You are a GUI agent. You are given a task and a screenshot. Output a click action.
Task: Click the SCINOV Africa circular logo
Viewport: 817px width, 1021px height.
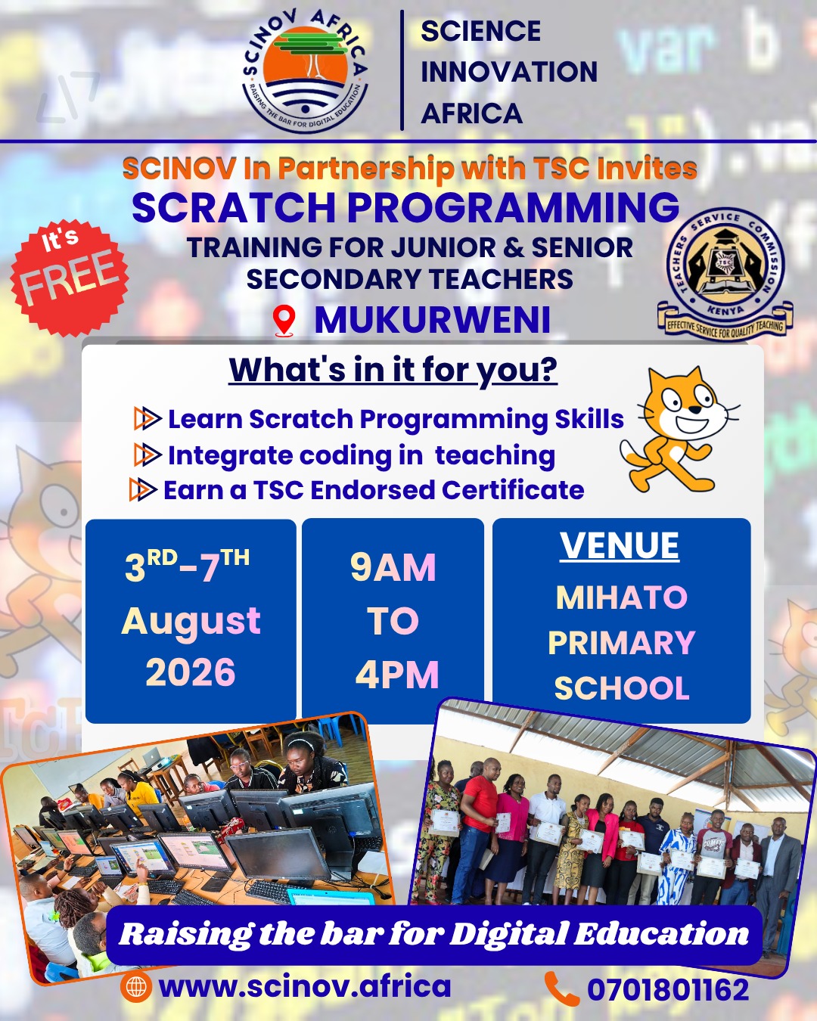(x=306, y=71)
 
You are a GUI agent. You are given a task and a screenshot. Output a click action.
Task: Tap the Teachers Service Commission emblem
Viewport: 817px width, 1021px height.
(x=725, y=272)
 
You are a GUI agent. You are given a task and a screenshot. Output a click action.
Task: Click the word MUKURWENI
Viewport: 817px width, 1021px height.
(x=432, y=320)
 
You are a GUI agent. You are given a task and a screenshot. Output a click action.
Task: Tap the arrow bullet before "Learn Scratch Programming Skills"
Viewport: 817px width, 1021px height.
(x=148, y=418)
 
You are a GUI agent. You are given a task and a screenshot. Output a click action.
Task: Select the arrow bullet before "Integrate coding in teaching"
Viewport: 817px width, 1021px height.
(x=148, y=455)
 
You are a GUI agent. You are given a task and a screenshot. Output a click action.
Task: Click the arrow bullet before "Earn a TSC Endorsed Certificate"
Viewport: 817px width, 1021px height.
(x=142, y=489)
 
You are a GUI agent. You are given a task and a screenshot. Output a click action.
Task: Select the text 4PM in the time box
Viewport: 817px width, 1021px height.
(x=397, y=675)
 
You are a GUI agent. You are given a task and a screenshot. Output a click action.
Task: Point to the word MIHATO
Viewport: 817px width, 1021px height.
(x=621, y=597)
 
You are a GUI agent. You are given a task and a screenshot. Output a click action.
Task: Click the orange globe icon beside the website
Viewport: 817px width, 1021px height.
(x=135, y=987)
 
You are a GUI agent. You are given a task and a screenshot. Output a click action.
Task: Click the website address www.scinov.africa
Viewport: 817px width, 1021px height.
(x=305, y=986)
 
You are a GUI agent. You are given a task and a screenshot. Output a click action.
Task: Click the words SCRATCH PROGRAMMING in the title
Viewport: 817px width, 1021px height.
(x=405, y=207)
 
